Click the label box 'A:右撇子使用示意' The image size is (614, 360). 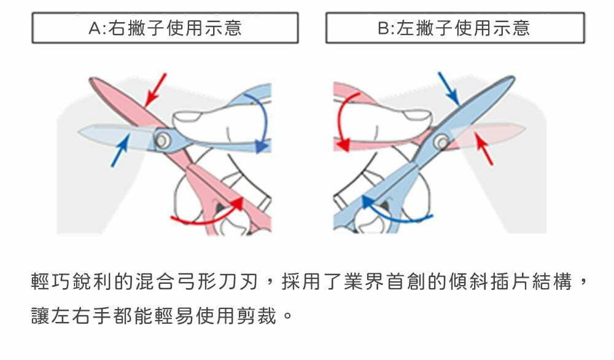[165, 28]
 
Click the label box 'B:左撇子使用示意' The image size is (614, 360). [454, 28]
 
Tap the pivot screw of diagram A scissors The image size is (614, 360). [162, 141]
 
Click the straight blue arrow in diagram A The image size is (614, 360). [120, 151]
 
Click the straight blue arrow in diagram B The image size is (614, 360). [448, 88]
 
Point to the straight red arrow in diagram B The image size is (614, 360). [485, 151]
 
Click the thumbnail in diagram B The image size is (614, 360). [417, 115]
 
